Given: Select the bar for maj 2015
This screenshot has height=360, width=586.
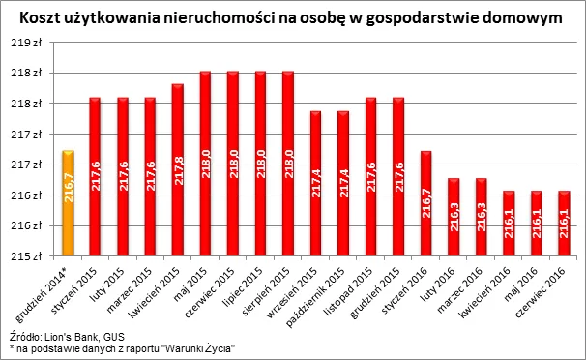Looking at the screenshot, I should point(205,164).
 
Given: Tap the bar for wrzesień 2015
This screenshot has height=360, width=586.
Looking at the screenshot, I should point(315,184).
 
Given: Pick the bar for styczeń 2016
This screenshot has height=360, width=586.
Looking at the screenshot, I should point(425,203).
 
